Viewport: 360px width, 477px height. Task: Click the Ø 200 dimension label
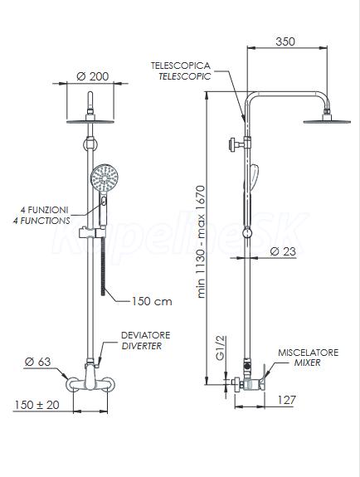[x=92, y=76]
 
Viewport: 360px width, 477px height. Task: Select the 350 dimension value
[x=285, y=41]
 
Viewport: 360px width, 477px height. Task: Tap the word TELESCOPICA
[x=181, y=66]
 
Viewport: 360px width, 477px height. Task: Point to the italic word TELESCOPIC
[x=184, y=76]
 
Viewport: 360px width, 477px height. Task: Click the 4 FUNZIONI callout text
[x=45, y=210]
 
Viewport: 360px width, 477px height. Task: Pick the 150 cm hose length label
[x=152, y=301]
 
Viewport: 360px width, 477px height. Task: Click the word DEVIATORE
[x=145, y=335]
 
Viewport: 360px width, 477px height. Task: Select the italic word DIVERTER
[x=142, y=346]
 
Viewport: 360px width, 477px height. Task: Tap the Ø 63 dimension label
[x=37, y=362]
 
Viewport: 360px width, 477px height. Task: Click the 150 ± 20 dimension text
[x=36, y=405]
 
